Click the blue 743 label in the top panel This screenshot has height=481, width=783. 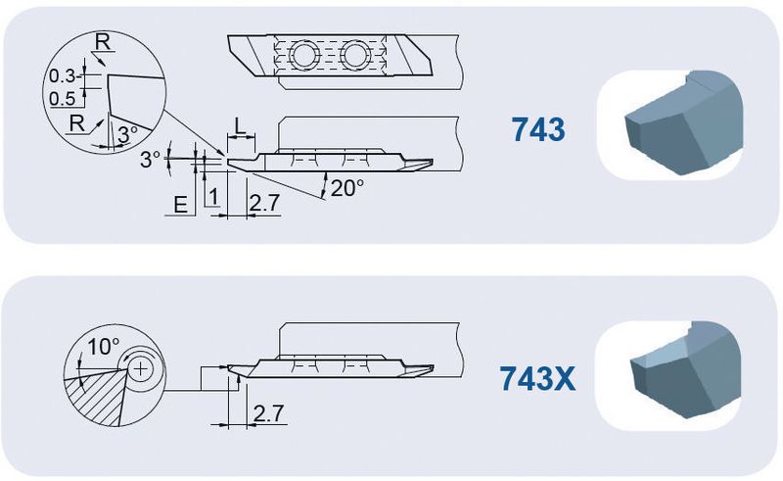[x=537, y=129]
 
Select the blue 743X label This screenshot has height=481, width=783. [x=537, y=378]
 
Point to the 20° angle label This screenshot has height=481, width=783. [x=347, y=188]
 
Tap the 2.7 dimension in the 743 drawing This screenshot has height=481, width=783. [x=264, y=203]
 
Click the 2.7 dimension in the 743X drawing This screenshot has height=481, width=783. [x=268, y=413]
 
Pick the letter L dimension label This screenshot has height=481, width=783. [x=240, y=126]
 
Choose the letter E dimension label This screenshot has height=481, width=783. [x=180, y=205]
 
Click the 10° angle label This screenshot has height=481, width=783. [x=104, y=346]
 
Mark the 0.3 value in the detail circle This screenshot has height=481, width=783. [x=62, y=76]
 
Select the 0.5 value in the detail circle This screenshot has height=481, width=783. [x=62, y=99]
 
